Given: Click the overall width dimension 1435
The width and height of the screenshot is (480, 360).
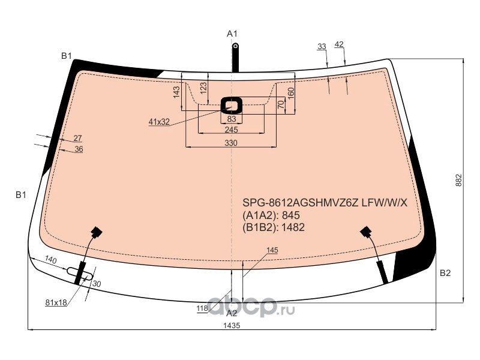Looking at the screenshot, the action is [232, 325].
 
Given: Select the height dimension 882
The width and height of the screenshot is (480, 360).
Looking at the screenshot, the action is [458, 181].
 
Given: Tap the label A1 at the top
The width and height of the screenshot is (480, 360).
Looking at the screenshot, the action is [232, 34].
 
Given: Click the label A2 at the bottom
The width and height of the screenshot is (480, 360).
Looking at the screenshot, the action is [232, 313].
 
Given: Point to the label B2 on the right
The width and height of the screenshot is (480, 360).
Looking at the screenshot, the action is [445, 273].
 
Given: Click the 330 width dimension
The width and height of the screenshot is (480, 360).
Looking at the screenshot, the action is [231, 143].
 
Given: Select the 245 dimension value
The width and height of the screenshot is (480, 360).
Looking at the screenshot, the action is [231, 130].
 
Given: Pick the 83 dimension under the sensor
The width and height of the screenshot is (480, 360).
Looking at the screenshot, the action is [232, 118].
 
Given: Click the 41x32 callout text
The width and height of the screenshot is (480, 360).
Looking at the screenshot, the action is [159, 122].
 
